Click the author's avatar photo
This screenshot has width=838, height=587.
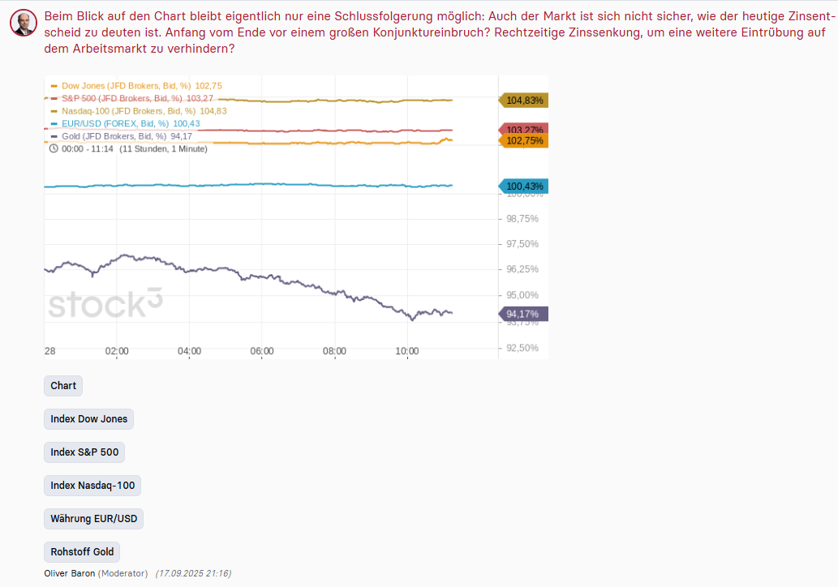[x=24, y=23]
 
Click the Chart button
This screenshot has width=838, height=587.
[x=63, y=386]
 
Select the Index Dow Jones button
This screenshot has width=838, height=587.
[x=88, y=419]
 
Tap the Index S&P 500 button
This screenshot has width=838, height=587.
[x=84, y=452]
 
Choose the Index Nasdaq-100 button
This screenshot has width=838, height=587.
[x=92, y=486]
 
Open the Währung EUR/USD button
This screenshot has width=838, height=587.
[x=93, y=519]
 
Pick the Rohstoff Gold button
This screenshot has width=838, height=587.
[x=82, y=552]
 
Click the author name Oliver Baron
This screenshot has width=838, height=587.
[x=70, y=573]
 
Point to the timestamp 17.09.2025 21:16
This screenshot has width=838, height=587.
[x=193, y=573]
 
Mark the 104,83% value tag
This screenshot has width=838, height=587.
[x=524, y=101]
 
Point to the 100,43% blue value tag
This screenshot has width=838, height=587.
[x=524, y=186]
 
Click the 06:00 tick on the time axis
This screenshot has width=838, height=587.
[x=262, y=351]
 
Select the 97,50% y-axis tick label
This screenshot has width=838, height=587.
[x=522, y=244]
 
